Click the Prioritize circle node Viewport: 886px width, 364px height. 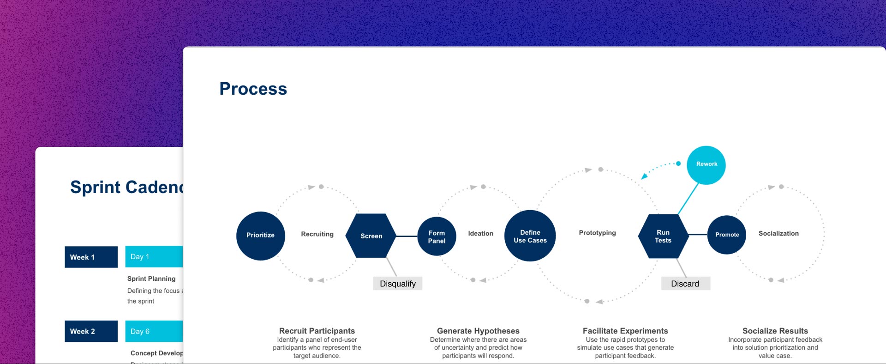[260, 236]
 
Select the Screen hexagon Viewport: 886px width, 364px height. [371, 236]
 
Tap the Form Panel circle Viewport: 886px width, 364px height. [437, 237]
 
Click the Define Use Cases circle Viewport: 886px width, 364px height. [530, 236]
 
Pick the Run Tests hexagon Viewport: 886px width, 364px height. [663, 236]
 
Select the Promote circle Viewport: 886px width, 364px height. [727, 235]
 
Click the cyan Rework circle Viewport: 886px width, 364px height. [706, 164]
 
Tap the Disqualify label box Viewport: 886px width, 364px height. [397, 284]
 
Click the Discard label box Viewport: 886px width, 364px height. [685, 284]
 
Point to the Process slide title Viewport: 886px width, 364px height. [253, 89]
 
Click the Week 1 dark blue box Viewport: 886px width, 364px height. [91, 257]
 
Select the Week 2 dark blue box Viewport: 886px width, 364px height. [91, 331]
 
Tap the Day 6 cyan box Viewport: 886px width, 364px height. [154, 331]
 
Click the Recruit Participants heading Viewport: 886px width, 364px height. [317, 331]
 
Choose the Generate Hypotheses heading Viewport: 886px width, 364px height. [478, 331]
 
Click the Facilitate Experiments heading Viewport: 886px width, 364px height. [625, 331]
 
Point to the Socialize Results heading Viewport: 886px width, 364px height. [775, 331]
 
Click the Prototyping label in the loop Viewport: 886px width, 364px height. [597, 233]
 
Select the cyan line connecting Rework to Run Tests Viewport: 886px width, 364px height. [688, 199]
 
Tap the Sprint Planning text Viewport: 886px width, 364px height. [151, 279]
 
